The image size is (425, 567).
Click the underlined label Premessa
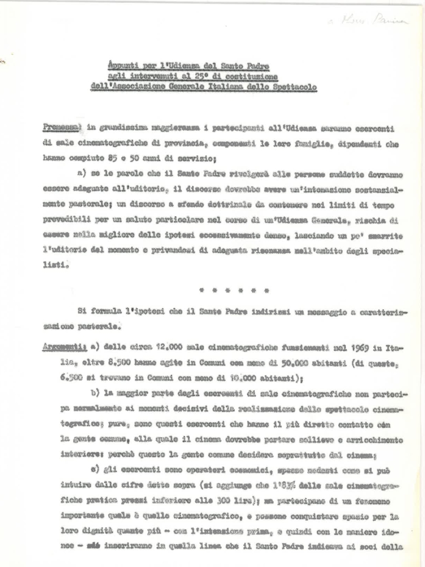click(58, 128)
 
